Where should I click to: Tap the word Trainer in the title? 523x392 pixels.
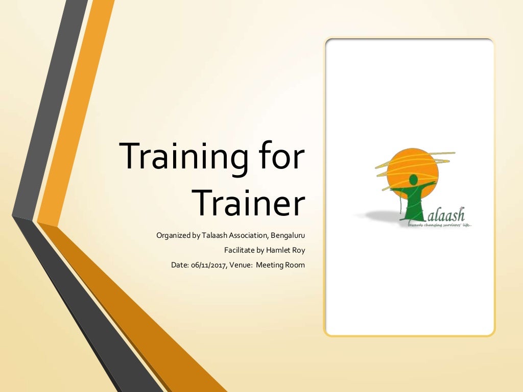tap(250, 203)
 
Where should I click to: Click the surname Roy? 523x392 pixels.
tap(298, 251)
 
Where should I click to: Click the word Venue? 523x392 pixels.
tap(242, 265)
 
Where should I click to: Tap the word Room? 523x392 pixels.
tap(296, 265)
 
